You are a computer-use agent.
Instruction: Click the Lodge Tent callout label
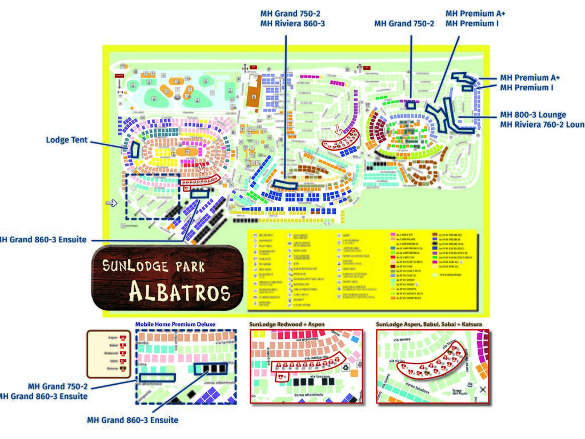pyautogui.click(x=67, y=140)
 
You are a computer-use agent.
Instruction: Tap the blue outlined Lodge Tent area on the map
pyautogui.click(x=135, y=149)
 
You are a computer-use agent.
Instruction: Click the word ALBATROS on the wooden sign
pyautogui.click(x=179, y=292)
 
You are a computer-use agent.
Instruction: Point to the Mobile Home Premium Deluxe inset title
pyautogui.click(x=175, y=324)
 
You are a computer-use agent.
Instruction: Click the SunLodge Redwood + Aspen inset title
pyautogui.click(x=287, y=324)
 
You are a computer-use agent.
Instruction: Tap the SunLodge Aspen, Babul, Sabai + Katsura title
pyautogui.click(x=429, y=324)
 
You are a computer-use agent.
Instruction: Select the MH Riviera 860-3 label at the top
pyautogui.click(x=292, y=23)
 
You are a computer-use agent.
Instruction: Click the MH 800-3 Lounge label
pyautogui.click(x=533, y=115)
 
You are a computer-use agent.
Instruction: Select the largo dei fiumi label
pyautogui.click(x=460, y=392)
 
